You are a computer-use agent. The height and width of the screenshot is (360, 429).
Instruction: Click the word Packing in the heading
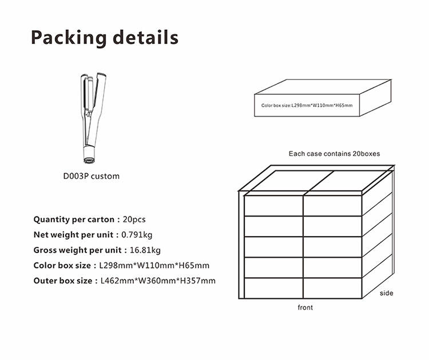(69, 38)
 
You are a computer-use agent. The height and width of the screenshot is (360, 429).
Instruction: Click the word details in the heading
(145, 37)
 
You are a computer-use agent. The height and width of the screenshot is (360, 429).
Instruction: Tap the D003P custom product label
(92, 176)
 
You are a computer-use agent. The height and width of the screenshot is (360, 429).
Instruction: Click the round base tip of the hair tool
(89, 160)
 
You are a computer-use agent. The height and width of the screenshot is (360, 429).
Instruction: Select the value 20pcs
(134, 219)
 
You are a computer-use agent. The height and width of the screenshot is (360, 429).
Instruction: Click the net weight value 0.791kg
(137, 235)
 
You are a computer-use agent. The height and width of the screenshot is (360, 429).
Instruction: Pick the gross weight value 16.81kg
(145, 250)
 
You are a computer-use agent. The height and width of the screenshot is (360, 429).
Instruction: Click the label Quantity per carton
(74, 219)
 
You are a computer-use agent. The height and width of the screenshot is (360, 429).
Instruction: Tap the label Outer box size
(63, 281)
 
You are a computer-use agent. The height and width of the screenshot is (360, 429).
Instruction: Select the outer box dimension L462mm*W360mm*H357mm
(158, 281)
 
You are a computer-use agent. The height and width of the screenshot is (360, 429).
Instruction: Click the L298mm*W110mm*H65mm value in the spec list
(154, 265)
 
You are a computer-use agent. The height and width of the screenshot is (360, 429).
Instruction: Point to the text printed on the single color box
(307, 105)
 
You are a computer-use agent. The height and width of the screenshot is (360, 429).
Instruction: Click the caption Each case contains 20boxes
(335, 154)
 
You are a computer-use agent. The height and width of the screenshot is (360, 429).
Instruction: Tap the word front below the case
(305, 307)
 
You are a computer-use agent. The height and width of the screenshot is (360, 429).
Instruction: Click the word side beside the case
(386, 293)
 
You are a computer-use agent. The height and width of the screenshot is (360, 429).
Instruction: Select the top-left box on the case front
(273, 206)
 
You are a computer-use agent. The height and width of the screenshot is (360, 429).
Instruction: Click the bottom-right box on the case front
(333, 288)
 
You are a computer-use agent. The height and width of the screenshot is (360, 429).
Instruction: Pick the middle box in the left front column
(273, 247)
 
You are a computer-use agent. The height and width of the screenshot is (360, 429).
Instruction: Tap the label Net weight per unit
(73, 235)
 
